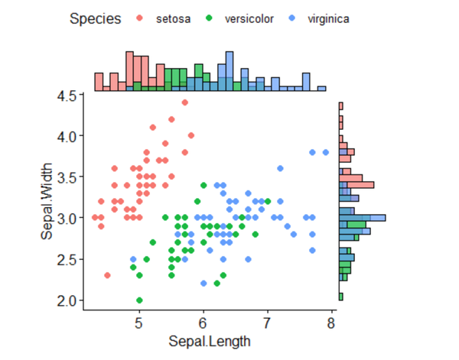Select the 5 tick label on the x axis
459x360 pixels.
[x=139, y=323]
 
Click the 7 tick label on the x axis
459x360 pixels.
[x=267, y=323]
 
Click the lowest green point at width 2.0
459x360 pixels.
[x=139, y=300]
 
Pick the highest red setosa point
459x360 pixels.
[x=184, y=102]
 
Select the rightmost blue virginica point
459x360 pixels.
[x=325, y=152]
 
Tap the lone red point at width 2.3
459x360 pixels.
[x=107, y=275]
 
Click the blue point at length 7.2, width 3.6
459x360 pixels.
[x=280, y=168]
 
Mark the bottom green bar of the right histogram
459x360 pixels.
[x=340, y=297]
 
